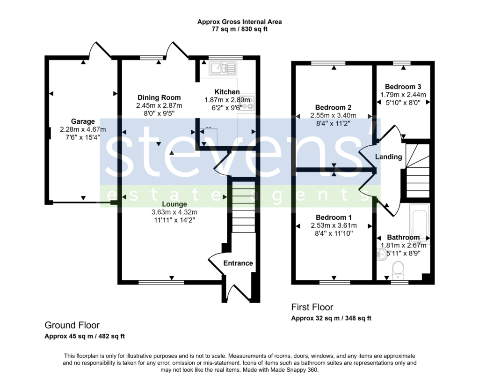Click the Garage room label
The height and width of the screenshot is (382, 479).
83,121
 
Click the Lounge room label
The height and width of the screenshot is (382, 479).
174,204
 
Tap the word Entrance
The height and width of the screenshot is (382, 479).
238,263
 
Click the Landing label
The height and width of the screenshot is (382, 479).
388,157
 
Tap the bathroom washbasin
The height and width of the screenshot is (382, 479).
381,255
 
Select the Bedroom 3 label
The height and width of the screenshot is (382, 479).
403,87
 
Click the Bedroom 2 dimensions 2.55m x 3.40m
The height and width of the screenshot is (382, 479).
333,115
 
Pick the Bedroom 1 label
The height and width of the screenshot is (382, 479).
334,217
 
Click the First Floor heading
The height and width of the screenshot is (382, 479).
312,307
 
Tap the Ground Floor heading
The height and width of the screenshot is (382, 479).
72,325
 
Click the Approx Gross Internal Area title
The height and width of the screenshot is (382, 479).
239,22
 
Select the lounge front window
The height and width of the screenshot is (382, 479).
161,282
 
